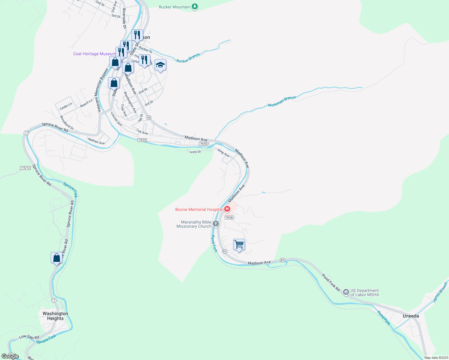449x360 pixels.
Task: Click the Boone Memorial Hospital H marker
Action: pos(227,209)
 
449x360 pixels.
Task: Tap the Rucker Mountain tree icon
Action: pos(195,6)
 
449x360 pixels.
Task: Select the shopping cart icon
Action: pos(239,244)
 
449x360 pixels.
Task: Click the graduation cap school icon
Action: pos(160,65)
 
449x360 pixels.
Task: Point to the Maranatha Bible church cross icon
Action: pos(215,223)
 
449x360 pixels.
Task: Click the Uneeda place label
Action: pos(411,316)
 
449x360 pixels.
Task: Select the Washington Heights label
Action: pos(55,316)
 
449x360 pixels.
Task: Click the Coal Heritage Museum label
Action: pos(94,54)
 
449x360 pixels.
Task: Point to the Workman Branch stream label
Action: pos(282,101)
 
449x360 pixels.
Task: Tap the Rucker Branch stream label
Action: pos(188,58)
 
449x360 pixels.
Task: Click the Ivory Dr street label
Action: pos(195,152)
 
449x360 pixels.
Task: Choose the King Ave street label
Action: pos(224,153)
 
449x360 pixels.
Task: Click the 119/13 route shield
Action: pos(26,168)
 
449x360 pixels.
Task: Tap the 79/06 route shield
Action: pos(229,217)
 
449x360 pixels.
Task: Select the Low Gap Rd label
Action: pos(29,337)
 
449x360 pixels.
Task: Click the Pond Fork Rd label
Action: pos(331,283)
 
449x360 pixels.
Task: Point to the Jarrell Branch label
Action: pos(440,292)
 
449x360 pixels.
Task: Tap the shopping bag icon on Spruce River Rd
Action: pos(56,258)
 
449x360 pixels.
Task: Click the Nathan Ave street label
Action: pos(96,141)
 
